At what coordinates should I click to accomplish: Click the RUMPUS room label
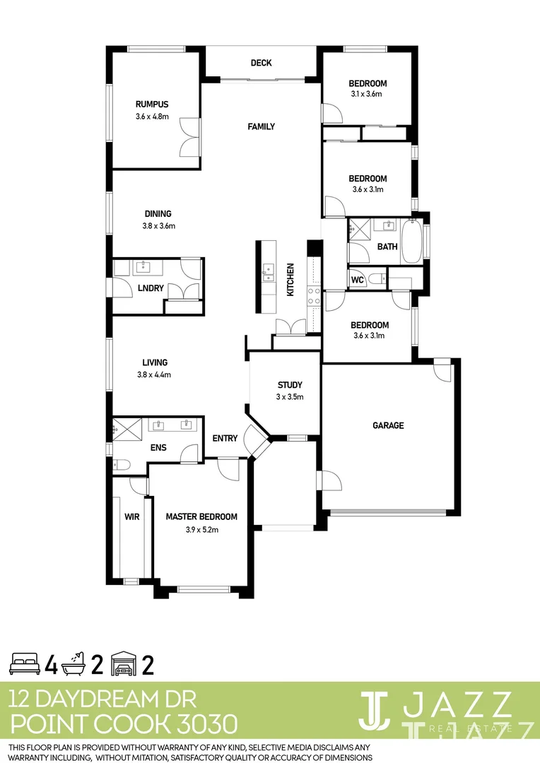click(x=152, y=105)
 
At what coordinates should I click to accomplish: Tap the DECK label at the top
click(x=261, y=63)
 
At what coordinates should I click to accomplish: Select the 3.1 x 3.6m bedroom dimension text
click(x=366, y=94)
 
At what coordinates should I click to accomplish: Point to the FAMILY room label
click(x=261, y=126)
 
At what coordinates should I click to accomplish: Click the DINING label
click(x=158, y=213)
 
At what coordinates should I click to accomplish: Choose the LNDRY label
click(x=151, y=288)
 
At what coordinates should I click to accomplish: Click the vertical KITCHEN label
click(x=290, y=280)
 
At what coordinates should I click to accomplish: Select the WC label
click(x=357, y=280)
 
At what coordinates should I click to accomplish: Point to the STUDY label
click(x=290, y=385)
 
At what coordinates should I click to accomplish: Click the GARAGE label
click(x=388, y=425)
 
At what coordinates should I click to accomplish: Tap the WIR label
click(x=131, y=517)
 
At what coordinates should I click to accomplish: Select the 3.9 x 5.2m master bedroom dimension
click(x=201, y=530)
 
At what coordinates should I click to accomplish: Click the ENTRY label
click(x=225, y=439)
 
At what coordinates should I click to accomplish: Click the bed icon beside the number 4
click(x=25, y=664)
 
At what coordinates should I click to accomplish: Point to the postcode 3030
click(x=202, y=724)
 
